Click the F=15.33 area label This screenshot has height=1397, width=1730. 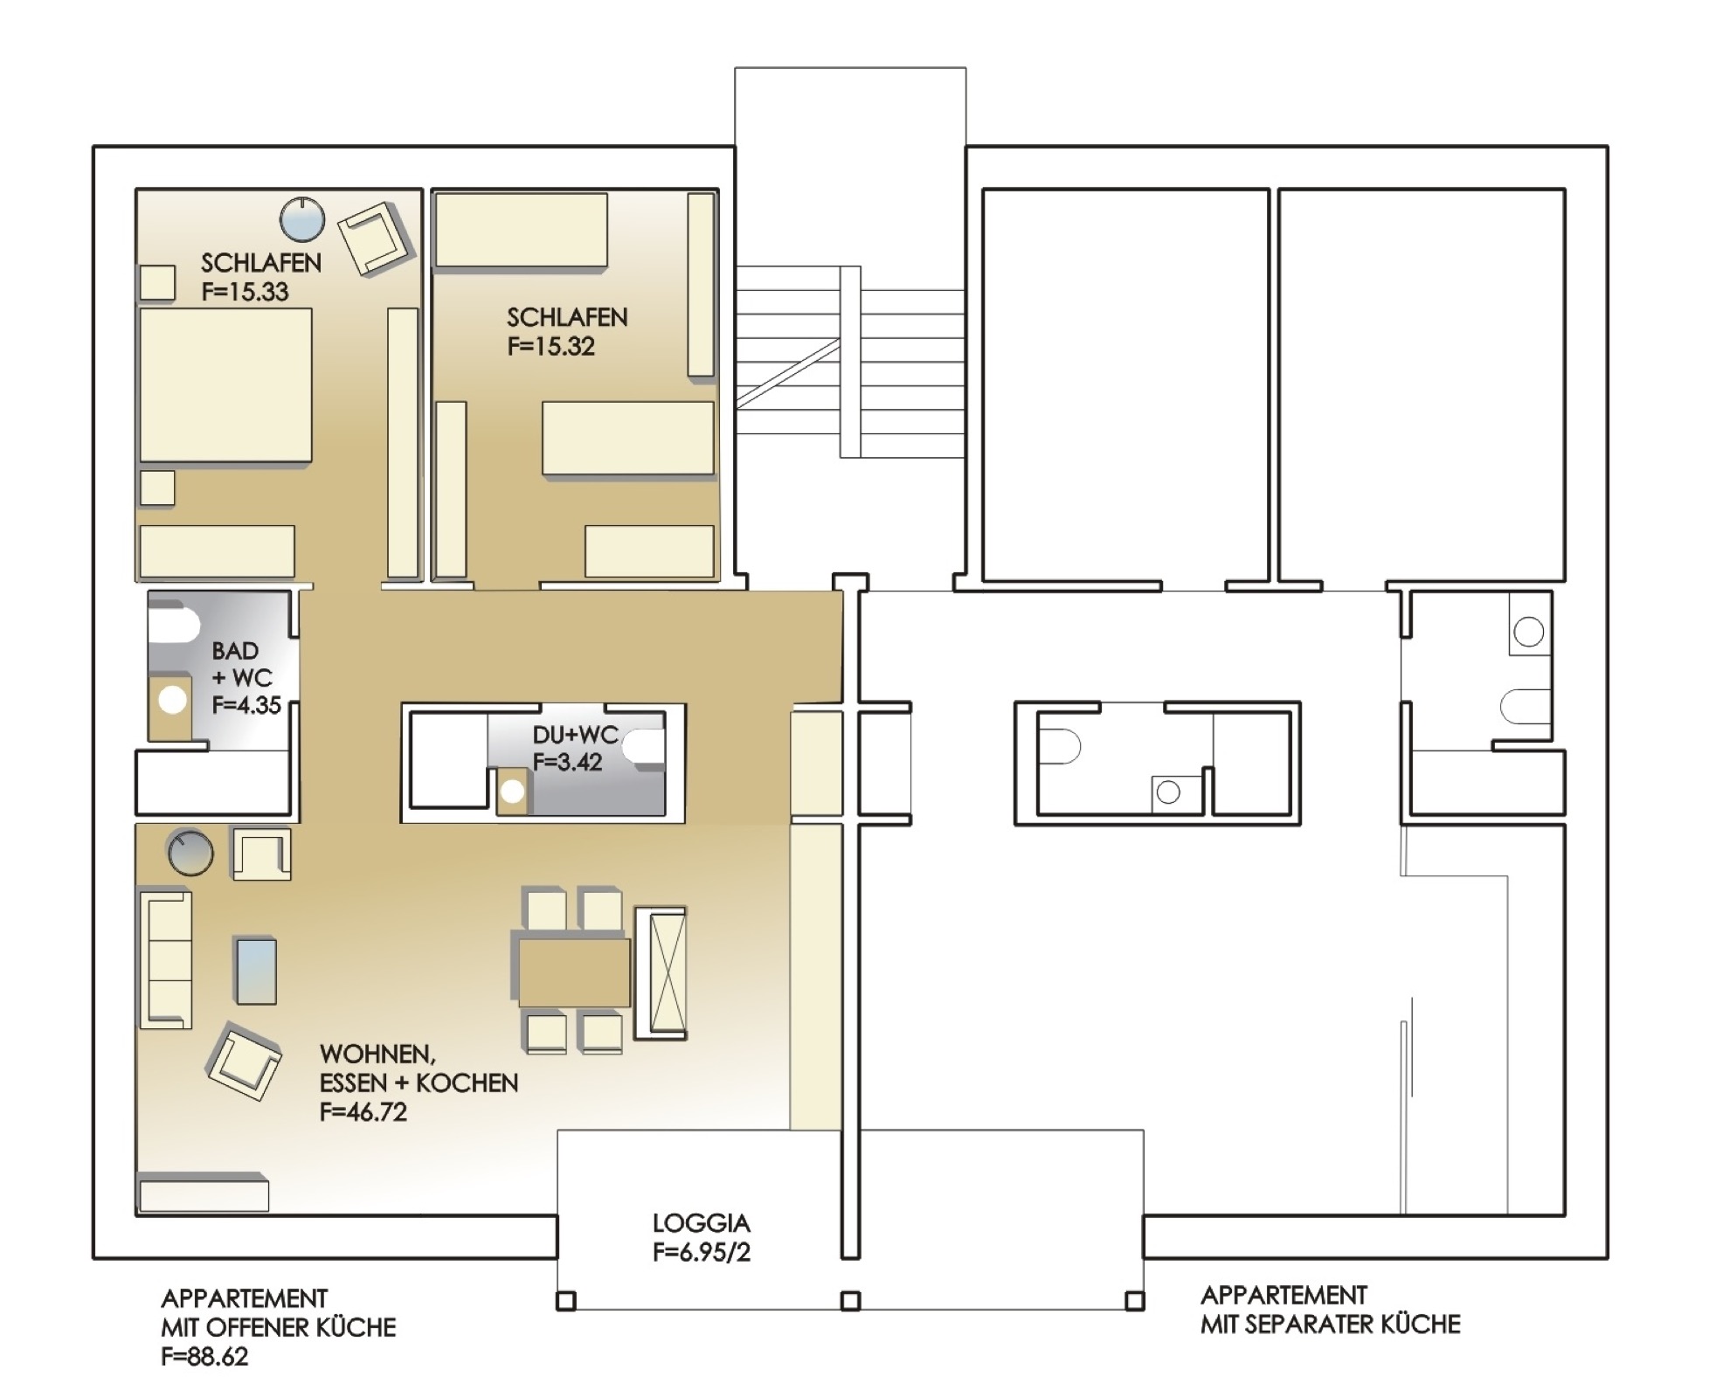tap(245, 291)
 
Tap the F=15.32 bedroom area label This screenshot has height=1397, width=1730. tap(550, 346)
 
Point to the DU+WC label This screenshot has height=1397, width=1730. tap(575, 735)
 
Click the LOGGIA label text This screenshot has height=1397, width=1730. tap(701, 1223)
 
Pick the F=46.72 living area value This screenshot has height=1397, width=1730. tap(363, 1111)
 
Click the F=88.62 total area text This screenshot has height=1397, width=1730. tap(204, 1356)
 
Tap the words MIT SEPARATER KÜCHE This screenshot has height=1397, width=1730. tap(1330, 1324)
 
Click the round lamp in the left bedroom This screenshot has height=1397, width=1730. tap(302, 219)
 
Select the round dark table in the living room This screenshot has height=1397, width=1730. tap(190, 852)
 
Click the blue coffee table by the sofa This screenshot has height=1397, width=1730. tap(255, 971)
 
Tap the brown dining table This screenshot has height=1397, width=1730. tap(574, 972)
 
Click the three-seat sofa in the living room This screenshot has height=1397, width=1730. tap(165, 958)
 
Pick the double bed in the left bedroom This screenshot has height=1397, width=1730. tap(225, 384)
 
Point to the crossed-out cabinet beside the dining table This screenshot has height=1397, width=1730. tap(661, 972)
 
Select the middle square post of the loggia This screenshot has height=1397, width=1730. tap(850, 1301)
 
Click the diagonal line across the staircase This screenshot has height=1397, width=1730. tap(788, 373)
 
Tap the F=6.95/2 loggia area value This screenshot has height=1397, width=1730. tap(701, 1252)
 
